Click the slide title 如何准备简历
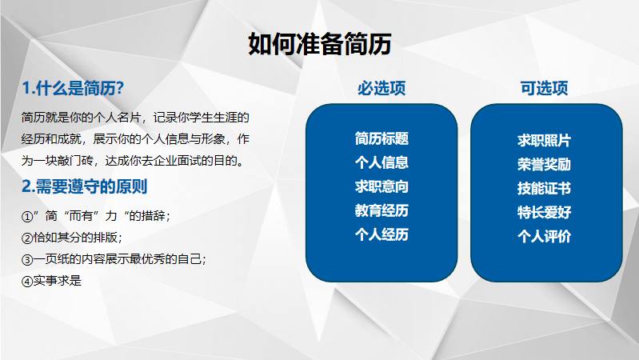[x=320, y=44]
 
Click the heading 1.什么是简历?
[x=73, y=88]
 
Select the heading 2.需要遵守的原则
[x=84, y=186]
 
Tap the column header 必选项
[x=381, y=88]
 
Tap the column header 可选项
[x=544, y=88]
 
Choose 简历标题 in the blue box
[x=381, y=138]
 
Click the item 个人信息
[x=381, y=162]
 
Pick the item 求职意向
[x=381, y=186]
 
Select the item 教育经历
[x=381, y=210]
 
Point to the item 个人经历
[x=381, y=235]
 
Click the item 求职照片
[x=544, y=141]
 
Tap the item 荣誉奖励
[x=544, y=165]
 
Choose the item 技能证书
[x=544, y=189]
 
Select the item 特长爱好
[x=544, y=213]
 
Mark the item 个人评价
[x=544, y=237]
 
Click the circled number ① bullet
[x=27, y=217]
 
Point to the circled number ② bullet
[x=27, y=238]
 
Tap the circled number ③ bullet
[x=27, y=260]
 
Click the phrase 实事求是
[x=58, y=281]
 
